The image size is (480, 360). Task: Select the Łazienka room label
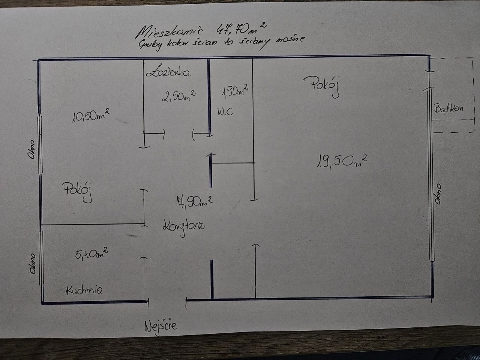point(168,72)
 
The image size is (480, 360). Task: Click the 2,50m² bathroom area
point(178,96)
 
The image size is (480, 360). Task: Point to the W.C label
point(225,111)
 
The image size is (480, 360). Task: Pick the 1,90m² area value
point(235,90)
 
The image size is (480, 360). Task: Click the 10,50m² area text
point(91,116)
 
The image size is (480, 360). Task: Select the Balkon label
point(448,108)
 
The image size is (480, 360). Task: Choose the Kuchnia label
point(84,290)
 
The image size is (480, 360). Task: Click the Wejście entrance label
point(160,326)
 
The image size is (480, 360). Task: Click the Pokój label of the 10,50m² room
point(78,191)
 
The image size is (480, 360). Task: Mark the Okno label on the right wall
point(438,194)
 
